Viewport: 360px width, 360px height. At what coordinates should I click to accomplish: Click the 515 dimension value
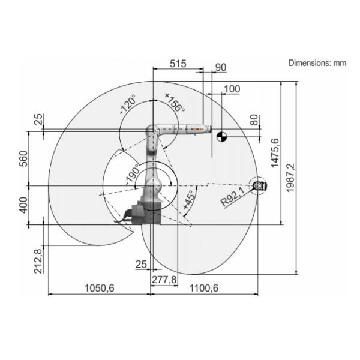178,64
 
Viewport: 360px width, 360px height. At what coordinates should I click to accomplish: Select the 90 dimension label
221,67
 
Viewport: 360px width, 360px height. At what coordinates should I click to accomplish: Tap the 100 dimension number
232,89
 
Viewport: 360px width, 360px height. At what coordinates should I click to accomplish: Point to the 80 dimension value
254,120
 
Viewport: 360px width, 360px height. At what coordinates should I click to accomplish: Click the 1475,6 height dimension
275,153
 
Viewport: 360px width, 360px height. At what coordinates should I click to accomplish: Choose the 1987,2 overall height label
290,178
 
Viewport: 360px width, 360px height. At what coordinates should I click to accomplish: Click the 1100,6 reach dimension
204,288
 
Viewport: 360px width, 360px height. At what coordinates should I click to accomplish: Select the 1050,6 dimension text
100,288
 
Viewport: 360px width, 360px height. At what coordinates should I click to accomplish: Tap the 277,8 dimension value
164,280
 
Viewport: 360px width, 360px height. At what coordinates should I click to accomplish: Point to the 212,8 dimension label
38,261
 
